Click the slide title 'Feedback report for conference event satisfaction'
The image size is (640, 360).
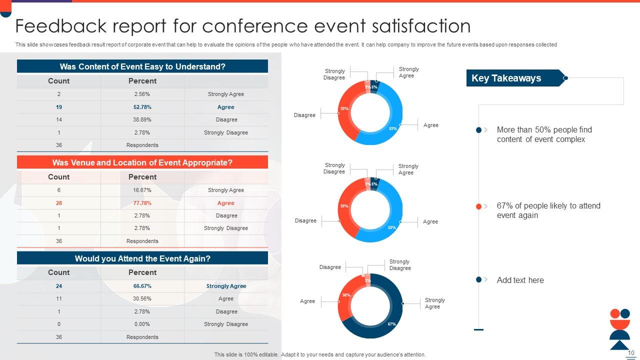(243, 26)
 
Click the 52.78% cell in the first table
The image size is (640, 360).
(142, 107)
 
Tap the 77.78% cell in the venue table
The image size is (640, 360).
(142, 203)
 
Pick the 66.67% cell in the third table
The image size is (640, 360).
(142, 286)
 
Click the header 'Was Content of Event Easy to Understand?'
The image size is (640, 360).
(142, 66)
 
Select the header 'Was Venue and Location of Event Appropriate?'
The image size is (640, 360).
(142, 162)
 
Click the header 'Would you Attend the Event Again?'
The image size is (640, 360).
(142, 258)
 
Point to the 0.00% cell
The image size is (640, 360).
(142, 324)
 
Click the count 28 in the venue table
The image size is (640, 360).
(59, 203)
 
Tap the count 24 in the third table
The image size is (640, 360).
(59, 286)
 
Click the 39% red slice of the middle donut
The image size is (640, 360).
(344, 206)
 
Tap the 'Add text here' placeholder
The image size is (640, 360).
(520, 280)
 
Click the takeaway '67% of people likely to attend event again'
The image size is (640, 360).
(548, 210)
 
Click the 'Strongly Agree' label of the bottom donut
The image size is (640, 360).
(434, 303)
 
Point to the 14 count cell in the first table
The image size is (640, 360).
(59, 119)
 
